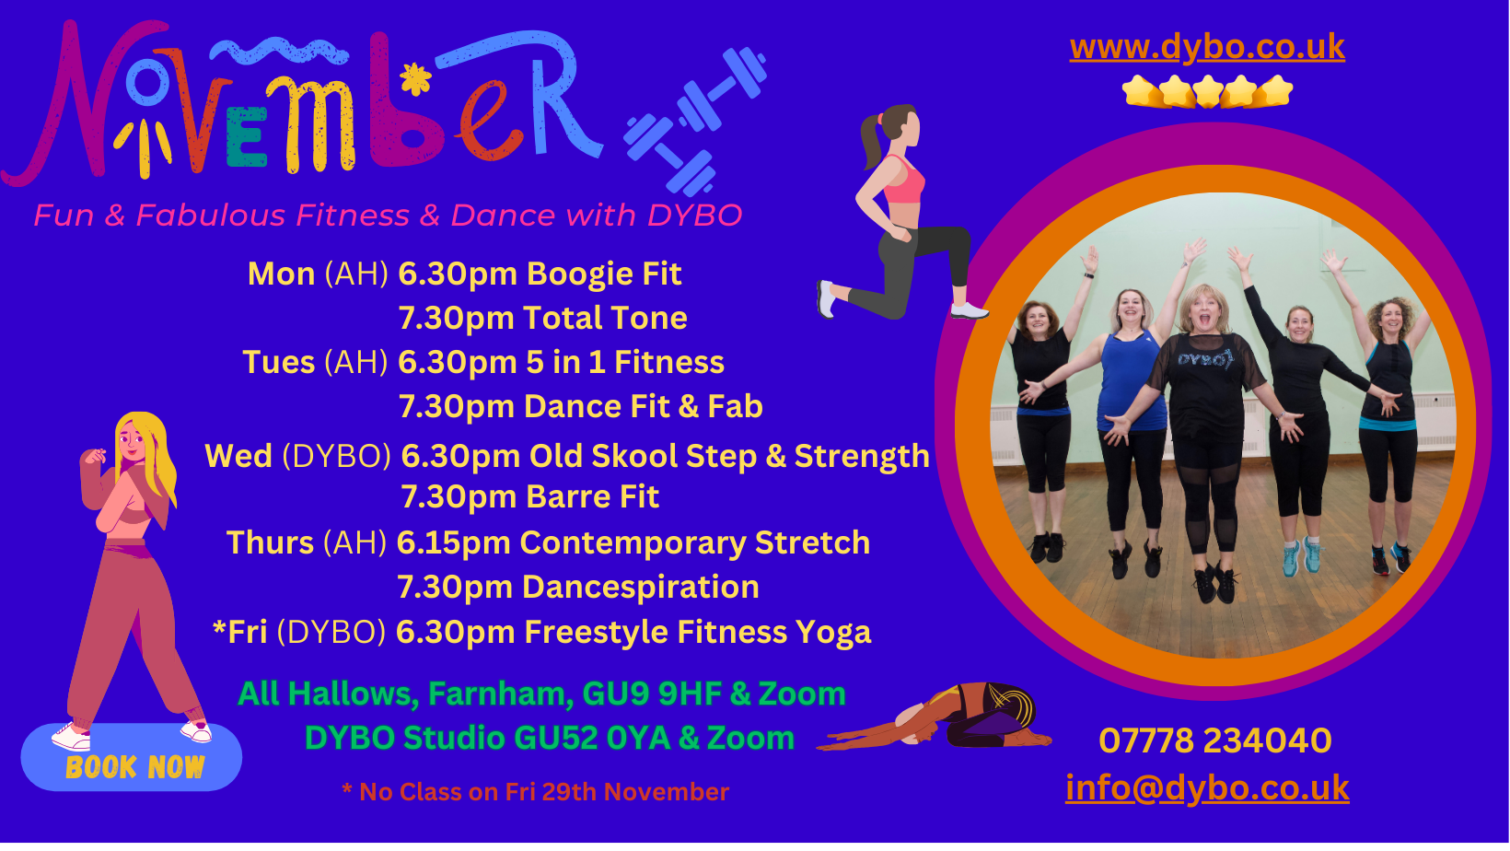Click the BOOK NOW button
(132, 758)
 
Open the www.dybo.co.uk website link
(1207, 47)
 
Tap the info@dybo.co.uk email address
(1207, 787)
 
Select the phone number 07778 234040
(1214, 740)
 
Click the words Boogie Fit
(604, 274)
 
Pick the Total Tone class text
(605, 318)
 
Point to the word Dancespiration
(641, 588)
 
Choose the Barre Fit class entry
(593, 497)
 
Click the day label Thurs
(270, 542)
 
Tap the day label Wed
(238, 456)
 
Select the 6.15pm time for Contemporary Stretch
(454, 543)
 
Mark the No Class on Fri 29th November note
(536, 792)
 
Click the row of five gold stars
(1207, 91)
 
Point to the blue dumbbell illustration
(695, 122)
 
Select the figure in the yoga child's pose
(934, 717)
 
